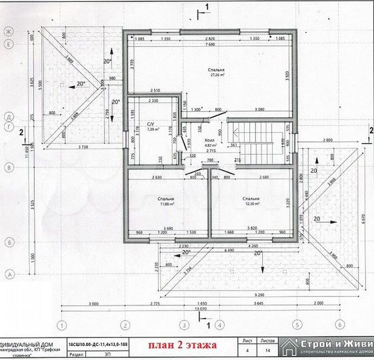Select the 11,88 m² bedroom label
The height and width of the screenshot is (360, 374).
click(166, 201)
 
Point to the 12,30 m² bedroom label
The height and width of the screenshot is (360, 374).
click(251, 201)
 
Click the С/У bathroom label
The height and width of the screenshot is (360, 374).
click(151, 127)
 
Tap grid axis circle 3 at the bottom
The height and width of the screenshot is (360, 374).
click(183, 325)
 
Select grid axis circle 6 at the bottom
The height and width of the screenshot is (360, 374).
click(339, 325)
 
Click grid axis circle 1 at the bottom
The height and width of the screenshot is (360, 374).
click(61, 325)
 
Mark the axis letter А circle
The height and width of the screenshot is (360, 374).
click(9, 274)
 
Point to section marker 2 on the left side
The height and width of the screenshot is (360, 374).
click(23, 133)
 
